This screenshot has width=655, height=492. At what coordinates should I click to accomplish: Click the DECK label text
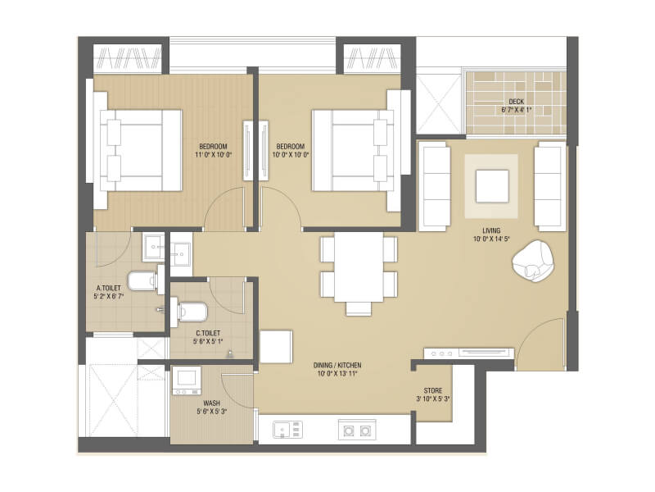(x=516, y=100)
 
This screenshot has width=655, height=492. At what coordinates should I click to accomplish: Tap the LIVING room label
(x=491, y=231)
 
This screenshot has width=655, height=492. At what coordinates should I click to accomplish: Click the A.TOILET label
(x=110, y=288)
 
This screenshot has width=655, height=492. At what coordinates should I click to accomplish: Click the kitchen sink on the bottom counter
(x=287, y=429)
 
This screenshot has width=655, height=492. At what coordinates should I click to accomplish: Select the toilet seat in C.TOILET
(x=194, y=311)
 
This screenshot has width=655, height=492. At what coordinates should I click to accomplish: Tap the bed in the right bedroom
(x=352, y=150)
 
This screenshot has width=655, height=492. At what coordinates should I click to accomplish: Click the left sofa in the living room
(x=434, y=186)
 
